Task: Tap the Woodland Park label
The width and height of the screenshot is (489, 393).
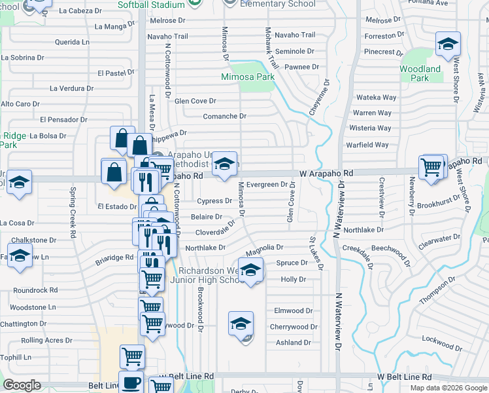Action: tap(420, 73)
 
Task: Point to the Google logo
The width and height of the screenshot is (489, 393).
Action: tap(22, 384)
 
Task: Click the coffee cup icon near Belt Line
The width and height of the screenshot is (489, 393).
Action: tap(132, 381)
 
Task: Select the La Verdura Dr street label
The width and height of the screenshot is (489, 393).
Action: tap(71, 88)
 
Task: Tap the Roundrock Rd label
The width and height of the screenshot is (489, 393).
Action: tap(35, 290)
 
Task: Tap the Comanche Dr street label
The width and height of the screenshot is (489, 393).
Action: tap(224, 116)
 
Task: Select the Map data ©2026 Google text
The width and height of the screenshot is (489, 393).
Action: tap(448, 388)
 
